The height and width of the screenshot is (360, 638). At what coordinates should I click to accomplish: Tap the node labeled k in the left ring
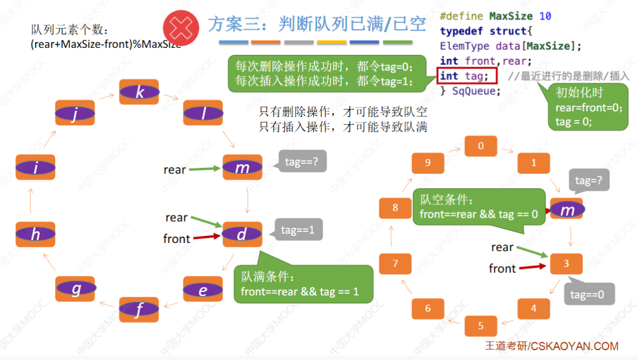(139, 92)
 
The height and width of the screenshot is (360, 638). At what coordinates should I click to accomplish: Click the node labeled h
(36, 234)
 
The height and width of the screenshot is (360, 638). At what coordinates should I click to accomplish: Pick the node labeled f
(138, 310)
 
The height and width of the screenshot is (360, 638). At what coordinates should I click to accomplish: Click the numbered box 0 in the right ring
(481, 146)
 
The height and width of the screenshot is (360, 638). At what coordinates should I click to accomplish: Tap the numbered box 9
(427, 163)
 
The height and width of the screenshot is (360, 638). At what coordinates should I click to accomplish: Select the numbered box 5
(481, 326)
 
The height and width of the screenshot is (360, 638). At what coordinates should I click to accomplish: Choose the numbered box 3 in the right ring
(566, 264)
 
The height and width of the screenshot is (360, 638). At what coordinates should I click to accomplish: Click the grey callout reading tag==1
(298, 230)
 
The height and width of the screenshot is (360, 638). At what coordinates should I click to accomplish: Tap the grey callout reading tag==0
(588, 294)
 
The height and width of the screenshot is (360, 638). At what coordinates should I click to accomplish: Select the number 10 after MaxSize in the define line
(545, 16)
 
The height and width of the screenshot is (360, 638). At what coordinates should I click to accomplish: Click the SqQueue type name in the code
(476, 91)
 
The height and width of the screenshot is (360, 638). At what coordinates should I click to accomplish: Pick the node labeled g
(76, 289)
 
